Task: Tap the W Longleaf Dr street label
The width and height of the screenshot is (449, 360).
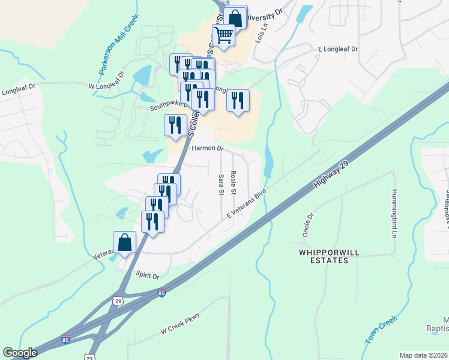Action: point(106,82)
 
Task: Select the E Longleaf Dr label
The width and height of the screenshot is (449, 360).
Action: point(337,49)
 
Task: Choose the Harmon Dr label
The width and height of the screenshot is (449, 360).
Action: point(207,148)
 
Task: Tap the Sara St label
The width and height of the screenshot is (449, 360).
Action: point(221,184)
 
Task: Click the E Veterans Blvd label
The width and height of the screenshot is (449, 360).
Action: point(246,205)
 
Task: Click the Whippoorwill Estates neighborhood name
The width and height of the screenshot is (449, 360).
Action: point(323,256)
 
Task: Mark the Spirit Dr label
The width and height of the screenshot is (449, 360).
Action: point(148,277)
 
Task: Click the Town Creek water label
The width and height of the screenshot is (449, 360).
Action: point(381,330)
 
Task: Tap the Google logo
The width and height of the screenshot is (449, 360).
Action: point(20,353)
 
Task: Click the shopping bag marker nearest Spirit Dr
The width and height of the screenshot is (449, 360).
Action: point(125,243)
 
